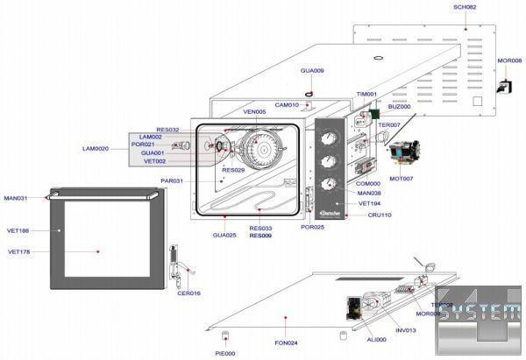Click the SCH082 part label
click(465, 6)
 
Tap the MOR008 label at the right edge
click(509, 60)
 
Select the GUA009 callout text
click(312, 70)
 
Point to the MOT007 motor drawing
click(406, 153)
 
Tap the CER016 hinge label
click(188, 293)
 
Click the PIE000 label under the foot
click(225, 353)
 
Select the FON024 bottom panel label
click(287, 342)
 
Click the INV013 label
click(405, 330)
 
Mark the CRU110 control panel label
click(380, 215)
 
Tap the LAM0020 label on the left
click(96, 149)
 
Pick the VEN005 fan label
click(254, 112)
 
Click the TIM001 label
click(366, 94)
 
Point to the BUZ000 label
click(399, 107)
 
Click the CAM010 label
click(287, 105)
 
